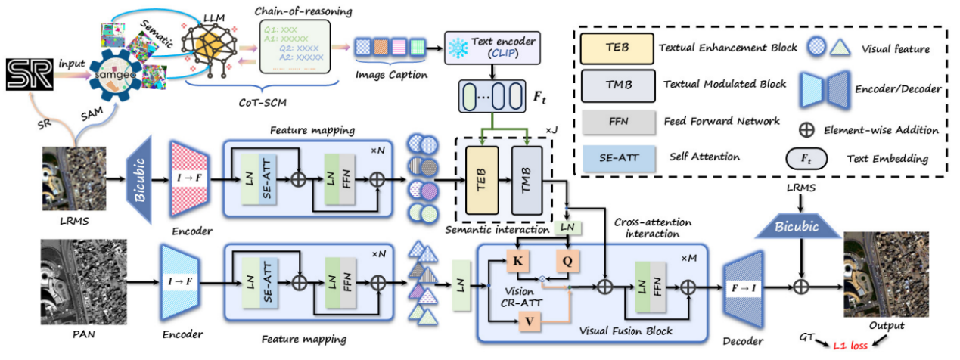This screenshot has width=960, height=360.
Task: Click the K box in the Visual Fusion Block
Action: (x=519, y=261)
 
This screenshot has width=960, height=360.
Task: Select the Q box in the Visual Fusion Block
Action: (x=567, y=261)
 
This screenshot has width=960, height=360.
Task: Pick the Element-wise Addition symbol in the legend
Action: (x=809, y=128)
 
